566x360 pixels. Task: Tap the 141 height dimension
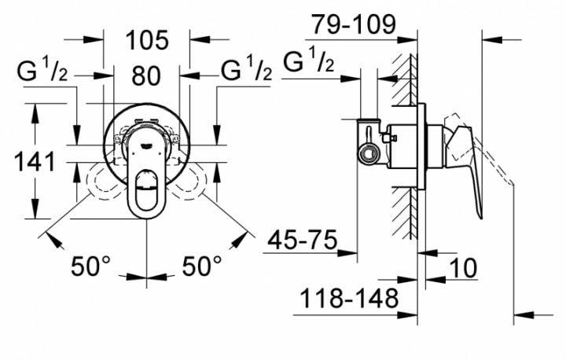click(35, 163)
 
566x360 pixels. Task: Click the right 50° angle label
click(203, 266)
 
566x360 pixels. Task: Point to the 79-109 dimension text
click(354, 24)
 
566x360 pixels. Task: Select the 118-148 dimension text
click(346, 299)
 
